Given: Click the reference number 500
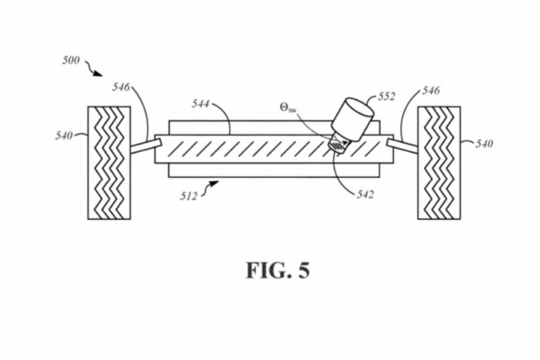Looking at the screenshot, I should tap(71, 61).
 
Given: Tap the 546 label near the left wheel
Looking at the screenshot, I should tap(121, 87).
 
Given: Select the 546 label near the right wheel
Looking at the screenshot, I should tap(431, 91).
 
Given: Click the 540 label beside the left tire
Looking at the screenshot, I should tap(64, 136).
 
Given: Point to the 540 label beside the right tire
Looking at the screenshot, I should tap(483, 144).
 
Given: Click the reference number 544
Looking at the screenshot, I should tap(200, 104).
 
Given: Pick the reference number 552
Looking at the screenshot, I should tap(386, 97).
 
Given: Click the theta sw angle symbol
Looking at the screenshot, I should tap(288, 108).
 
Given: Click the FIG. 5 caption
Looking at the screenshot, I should tap(278, 271).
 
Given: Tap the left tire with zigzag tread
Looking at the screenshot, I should tap(109, 163).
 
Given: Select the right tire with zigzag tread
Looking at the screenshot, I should tap(439, 163).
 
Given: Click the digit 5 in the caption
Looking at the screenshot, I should tap(304, 271).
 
